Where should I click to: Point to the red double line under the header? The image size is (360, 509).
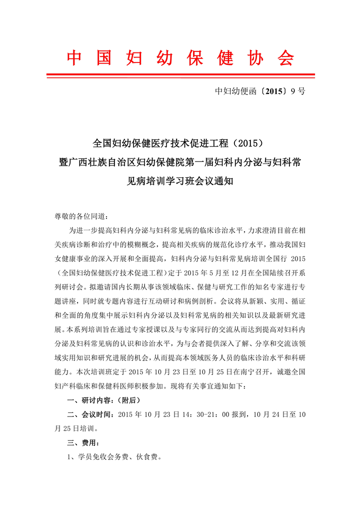(180, 75)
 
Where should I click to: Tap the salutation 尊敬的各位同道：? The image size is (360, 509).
(80, 216)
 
